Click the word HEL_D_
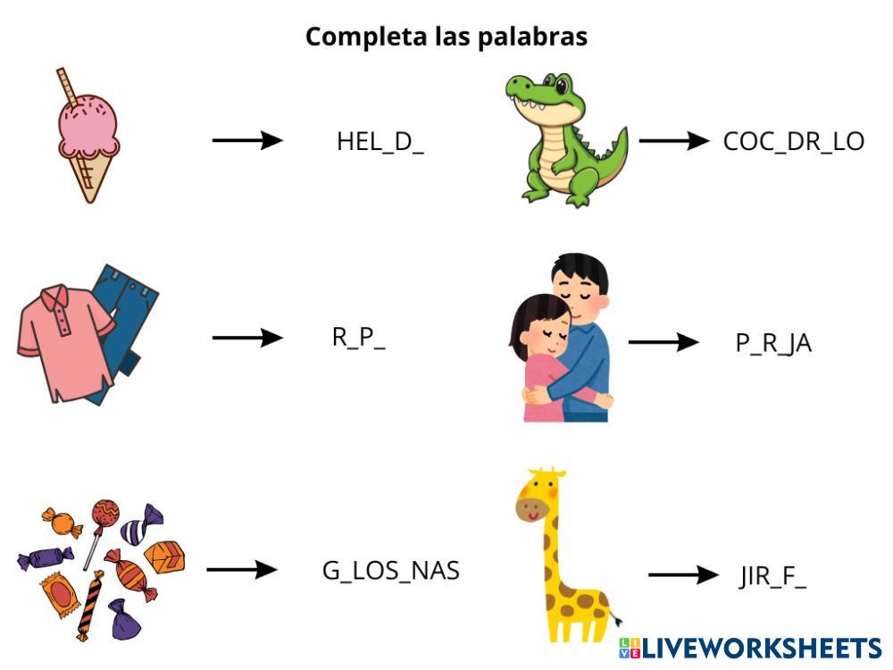(380, 142)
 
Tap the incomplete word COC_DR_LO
(793, 142)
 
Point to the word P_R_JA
(773, 343)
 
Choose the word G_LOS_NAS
(391, 571)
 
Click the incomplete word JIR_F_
(772, 577)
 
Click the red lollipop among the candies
(104, 514)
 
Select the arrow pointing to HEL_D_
(247, 140)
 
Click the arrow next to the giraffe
(683, 575)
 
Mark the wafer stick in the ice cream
(66, 87)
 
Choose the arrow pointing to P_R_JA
(663, 341)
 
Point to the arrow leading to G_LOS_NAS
(242, 569)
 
